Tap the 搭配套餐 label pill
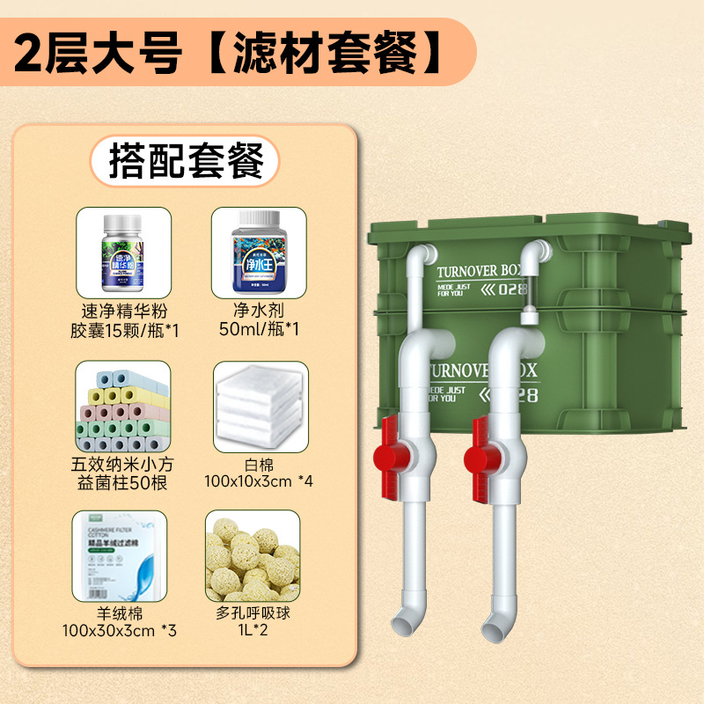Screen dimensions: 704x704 (185, 161)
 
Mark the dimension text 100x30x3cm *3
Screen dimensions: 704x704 (122, 632)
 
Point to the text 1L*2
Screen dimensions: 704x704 (257, 632)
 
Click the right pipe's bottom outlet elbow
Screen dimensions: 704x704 (495, 621)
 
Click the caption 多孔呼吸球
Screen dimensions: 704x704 (257, 613)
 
